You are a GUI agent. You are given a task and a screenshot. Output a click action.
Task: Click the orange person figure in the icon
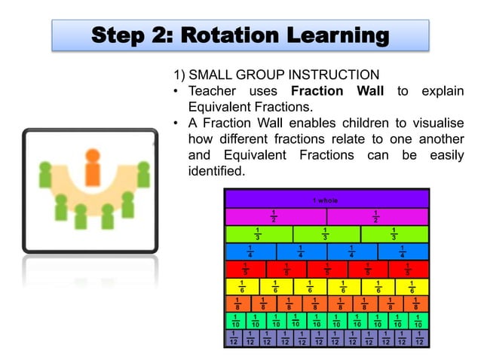pyautogui.click(x=92, y=168)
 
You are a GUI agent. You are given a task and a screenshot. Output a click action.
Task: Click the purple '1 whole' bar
pyautogui.click(x=326, y=200)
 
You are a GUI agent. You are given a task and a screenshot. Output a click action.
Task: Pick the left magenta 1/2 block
pyautogui.click(x=275, y=217)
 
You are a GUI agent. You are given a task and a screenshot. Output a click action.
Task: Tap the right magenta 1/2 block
pyautogui.click(x=378, y=217)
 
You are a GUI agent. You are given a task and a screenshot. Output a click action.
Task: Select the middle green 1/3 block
pyautogui.click(x=326, y=234)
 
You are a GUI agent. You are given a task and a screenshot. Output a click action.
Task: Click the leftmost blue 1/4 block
pyautogui.click(x=250, y=252)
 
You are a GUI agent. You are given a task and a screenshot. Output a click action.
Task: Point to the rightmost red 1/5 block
pyautogui.click(x=409, y=269)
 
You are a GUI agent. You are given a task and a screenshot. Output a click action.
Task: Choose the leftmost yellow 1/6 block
pyautogui.click(x=242, y=286)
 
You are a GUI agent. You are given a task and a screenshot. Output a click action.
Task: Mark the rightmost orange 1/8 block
pyautogui.click(x=416, y=304)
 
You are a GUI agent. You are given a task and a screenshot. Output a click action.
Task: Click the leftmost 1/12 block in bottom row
pyautogui.click(x=234, y=338)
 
